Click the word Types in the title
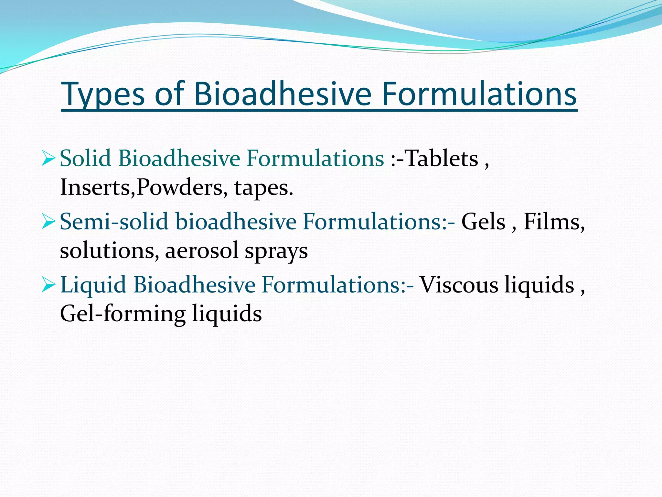(103, 94)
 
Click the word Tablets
(441, 159)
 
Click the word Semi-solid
(114, 222)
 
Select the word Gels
(483, 222)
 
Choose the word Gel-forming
(123, 314)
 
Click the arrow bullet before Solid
(48, 159)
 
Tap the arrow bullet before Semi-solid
(48, 222)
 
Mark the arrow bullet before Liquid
(48, 285)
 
